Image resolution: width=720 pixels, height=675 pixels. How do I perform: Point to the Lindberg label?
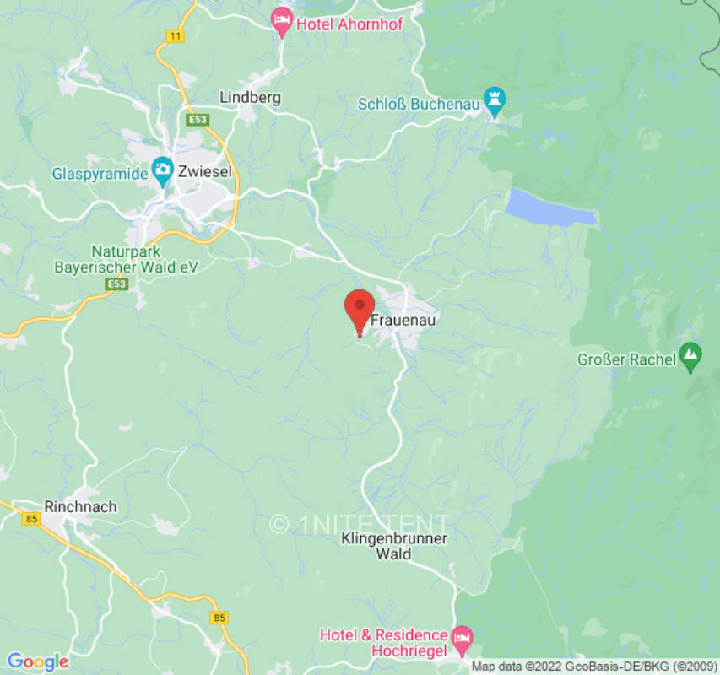coord(250,97)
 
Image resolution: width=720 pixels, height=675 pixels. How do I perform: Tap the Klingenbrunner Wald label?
coord(394,546)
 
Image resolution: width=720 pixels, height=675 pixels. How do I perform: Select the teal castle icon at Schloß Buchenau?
coord(495,103)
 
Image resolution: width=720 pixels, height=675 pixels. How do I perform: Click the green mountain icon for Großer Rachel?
coord(691,359)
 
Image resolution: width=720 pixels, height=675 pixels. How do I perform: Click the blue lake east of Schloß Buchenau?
coord(549,208)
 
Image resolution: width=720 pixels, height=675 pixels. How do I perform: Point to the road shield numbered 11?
coord(175,35)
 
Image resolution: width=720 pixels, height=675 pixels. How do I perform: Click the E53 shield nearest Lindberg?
coord(198,121)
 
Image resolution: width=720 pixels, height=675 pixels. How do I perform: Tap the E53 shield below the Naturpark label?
coord(117,284)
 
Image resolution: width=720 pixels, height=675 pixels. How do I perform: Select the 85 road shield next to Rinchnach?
coord(32,516)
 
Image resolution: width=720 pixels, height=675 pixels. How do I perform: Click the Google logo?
coord(37,661)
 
